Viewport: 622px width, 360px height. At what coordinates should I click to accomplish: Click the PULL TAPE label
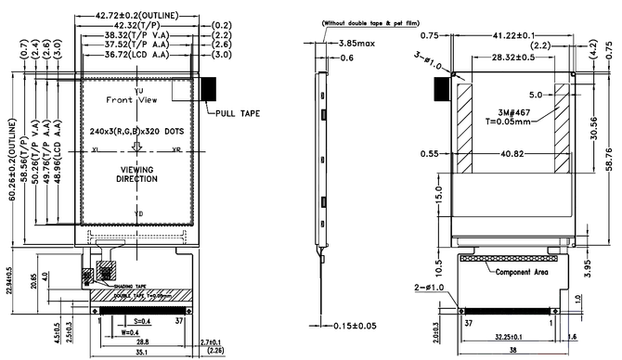tap(238, 113)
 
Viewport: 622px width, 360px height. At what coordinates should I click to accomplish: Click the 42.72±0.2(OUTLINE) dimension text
tap(137, 17)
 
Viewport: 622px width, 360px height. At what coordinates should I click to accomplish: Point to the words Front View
tap(129, 98)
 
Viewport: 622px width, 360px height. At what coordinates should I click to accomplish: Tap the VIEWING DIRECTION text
tap(137, 174)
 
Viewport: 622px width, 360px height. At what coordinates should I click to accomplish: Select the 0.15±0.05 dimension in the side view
tap(357, 326)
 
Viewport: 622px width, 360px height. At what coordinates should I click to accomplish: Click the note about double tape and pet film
tap(368, 22)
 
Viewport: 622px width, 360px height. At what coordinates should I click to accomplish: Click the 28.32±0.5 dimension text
tap(513, 58)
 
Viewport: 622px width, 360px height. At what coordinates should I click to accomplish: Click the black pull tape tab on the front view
tap(210, 89)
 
